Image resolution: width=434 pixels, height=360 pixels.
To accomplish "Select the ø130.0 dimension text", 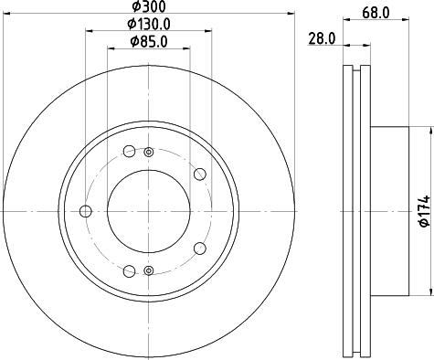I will click(149, 23).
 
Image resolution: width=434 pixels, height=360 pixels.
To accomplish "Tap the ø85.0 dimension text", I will click(148, 41).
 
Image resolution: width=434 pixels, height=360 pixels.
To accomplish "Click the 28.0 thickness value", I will click(320, 38).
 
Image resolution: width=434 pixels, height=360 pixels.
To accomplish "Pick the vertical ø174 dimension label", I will click(423, 211).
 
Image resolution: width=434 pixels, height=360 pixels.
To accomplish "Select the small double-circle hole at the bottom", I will click(148, 270).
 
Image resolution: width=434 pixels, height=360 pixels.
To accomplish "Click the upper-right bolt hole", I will click(200, 175).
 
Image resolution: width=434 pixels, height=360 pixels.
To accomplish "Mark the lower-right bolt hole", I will click(200, 248).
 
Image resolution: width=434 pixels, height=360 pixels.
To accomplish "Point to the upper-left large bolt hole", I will click(129, 152).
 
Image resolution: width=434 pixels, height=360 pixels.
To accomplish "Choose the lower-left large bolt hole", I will click(129, 270).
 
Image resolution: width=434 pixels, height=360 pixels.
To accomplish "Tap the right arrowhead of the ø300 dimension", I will click(291, 14).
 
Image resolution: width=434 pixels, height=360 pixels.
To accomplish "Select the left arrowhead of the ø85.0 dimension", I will click(109, 49).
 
